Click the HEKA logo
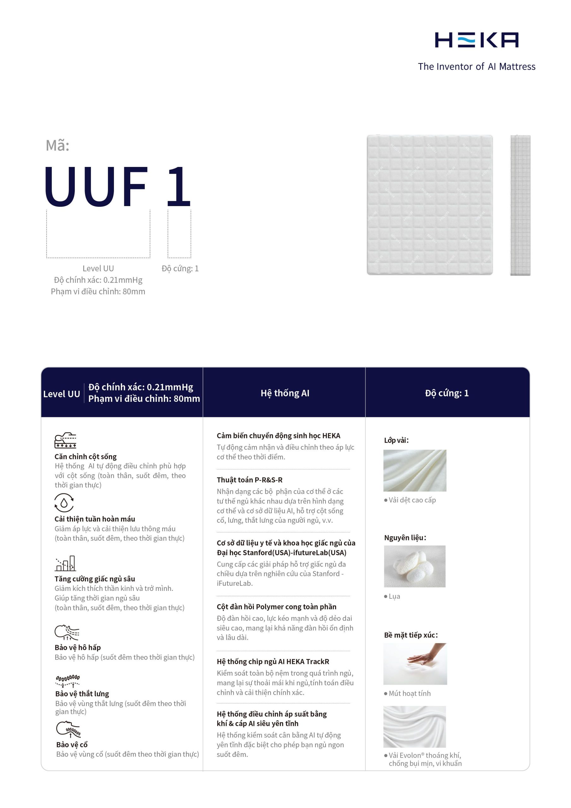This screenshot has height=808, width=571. pos(476,40)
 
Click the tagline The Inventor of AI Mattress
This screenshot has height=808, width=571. pos(476,67)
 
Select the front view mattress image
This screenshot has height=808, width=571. pos(430,205)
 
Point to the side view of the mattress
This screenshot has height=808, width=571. pos(520,205)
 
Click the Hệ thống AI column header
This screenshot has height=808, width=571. pos(285,393)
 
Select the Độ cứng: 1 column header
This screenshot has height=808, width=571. pos(446,393)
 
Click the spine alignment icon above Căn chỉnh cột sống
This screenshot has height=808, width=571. pos(65,440)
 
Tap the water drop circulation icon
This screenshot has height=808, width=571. pos(64,502)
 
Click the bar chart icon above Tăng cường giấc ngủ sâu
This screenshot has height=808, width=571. pos(65,563)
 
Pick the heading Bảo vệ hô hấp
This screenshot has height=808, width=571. pos(78,648)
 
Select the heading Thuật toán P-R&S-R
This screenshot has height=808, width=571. pos(250,480)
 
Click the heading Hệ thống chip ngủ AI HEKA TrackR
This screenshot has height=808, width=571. pos(273,662)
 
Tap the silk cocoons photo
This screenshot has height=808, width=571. pos(415,566)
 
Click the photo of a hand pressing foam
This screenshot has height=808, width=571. pos(415,664)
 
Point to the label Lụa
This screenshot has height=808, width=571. pos(394,597)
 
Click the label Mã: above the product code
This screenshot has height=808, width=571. pos(58,145)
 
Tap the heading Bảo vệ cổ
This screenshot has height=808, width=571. pos(72,745)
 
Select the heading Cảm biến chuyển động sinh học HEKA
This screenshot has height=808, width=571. pos(278,436)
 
